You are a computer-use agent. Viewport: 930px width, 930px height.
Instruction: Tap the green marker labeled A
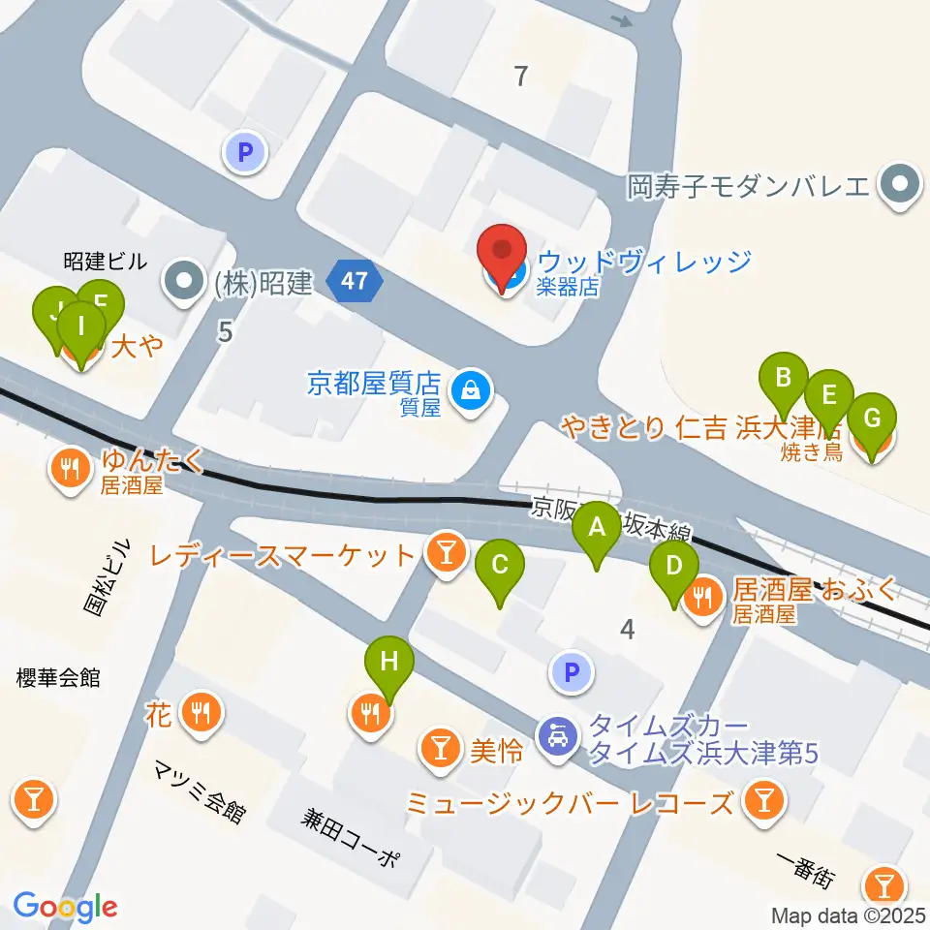pyautogui.click(x=597, y=529)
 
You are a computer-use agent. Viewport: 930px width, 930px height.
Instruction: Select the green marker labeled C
pyautogui.click(x=499, y=567)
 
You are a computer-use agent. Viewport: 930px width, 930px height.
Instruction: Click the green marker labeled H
pyautogui.click(x=389, y=665)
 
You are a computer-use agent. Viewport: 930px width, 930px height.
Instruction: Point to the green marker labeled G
pyautogui.click(x=872, y=421)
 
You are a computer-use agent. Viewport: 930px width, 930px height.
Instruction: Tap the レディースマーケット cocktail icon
pyautogui.click(x=445, y=554)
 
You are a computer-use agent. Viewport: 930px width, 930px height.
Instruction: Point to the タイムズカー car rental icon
pyautogui.click(x=558, y=739)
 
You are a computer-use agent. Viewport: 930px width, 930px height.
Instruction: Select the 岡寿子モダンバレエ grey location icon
pyautogui.click(x=899, y=184)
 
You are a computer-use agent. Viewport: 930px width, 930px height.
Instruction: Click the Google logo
pyautogui.click(x=65, y=907)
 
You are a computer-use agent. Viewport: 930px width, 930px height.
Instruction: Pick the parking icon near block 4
pyautogui.click(x=572, y=672)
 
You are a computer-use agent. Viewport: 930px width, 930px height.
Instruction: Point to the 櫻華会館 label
pyautogui.click(x=59, y=678)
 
